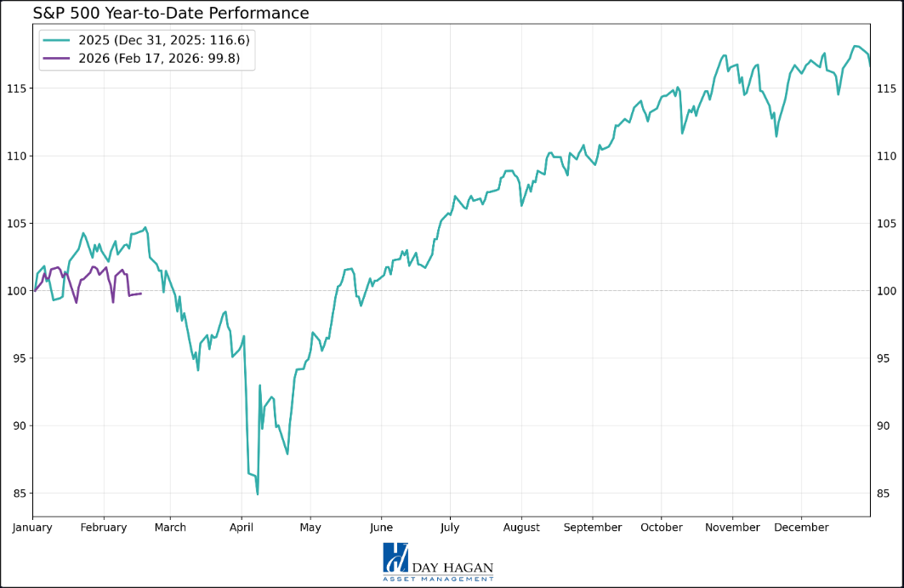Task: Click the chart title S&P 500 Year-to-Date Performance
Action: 171,13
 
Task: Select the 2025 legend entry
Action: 145,40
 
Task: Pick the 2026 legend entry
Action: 145,58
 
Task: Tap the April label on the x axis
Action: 242,528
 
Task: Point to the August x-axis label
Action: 521,528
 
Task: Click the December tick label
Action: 801,528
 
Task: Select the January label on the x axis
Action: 32,528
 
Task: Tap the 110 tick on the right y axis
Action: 885,156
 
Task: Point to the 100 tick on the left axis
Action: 17,291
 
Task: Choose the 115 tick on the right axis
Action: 885,88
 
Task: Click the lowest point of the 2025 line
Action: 257,494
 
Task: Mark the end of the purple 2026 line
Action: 140,294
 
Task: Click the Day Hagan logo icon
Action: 395,557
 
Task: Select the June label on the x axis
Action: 381,528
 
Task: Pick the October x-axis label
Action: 662,528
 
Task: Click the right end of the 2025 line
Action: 869,65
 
